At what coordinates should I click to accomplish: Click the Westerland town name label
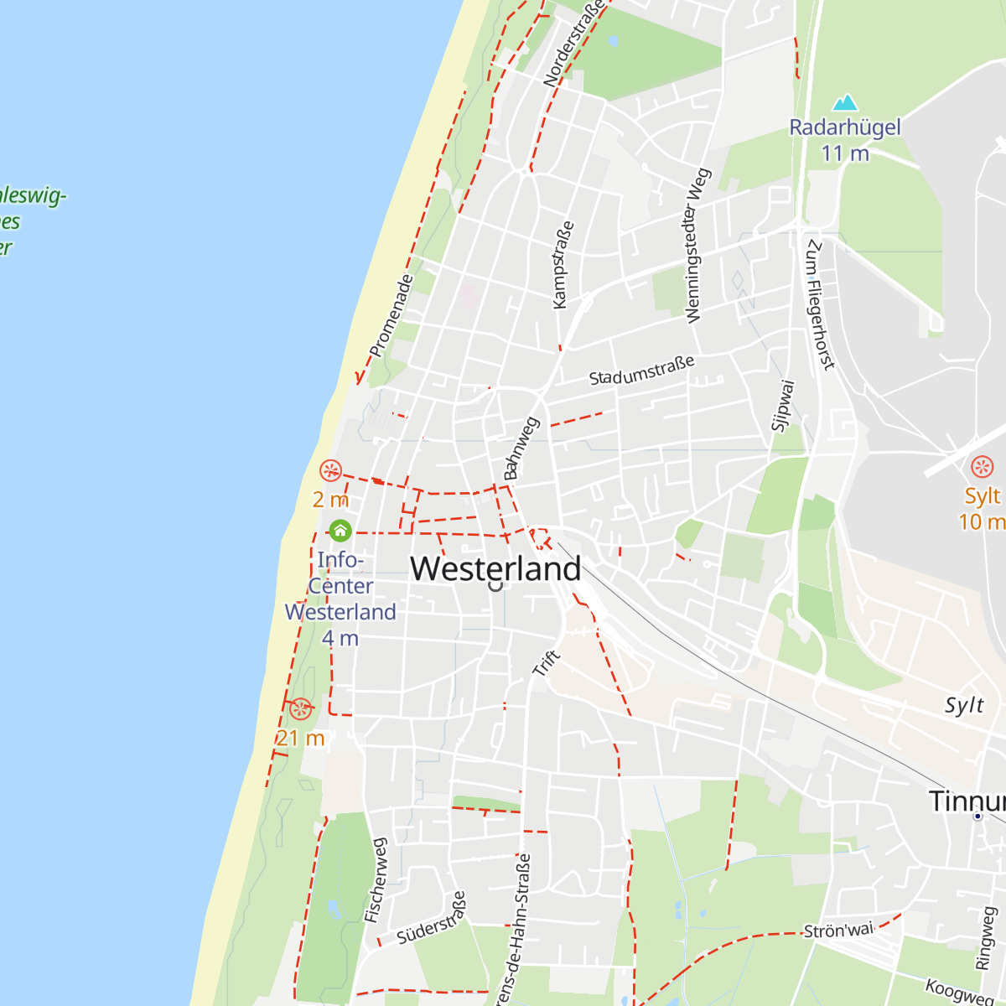click(495, 569)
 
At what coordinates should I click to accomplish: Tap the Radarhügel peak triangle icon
click(845, 103)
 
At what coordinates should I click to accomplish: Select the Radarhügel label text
click(845, 127)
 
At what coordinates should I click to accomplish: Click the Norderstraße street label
click(573, 44)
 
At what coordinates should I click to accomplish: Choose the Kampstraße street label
click(563, 265)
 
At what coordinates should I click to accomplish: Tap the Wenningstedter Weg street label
click(697, 246)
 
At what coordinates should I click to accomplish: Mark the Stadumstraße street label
click(642, 371)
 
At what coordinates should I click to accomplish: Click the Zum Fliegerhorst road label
click(821, 303)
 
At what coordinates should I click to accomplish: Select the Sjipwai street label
click(782, 406)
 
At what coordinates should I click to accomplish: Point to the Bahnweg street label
click(521, 449)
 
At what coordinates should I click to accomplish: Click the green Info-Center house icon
click(340, 531)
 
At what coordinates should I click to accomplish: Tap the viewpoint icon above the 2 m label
click(331, 470)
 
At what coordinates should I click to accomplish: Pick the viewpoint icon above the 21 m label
click(300, 709)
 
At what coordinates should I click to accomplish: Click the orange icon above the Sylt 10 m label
click(982, 467)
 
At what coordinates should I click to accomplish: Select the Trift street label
click(546, 663)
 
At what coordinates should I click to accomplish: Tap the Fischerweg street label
click(376, 880)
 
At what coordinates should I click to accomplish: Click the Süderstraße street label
click(432, 919)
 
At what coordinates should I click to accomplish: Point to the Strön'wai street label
click(838, 931)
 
